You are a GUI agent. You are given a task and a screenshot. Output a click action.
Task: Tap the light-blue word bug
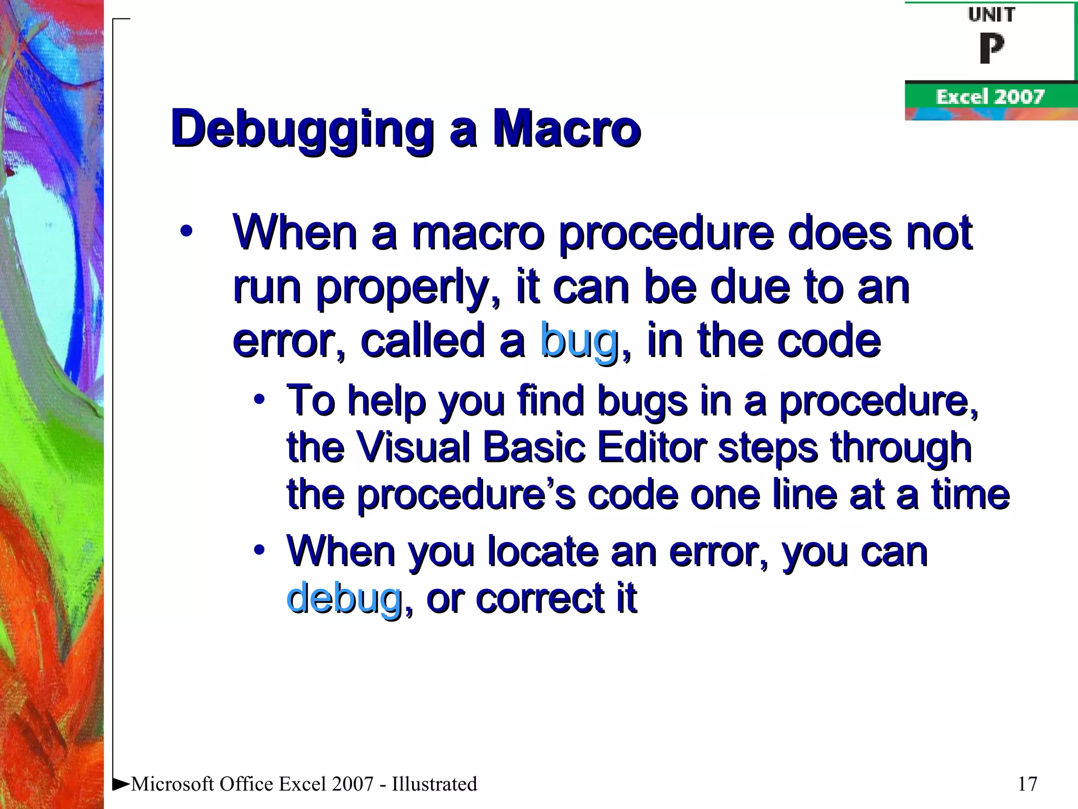(579, 341)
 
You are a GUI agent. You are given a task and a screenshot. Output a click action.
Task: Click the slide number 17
(1027, 784)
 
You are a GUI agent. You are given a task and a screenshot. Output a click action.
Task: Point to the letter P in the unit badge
(991, 48)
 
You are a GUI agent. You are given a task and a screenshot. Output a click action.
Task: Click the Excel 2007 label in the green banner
(990, 97)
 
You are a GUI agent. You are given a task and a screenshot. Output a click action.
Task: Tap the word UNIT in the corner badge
(991, 15)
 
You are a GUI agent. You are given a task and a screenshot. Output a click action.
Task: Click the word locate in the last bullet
(543, 552)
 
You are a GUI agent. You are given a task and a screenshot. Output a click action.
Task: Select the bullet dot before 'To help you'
(258, 399)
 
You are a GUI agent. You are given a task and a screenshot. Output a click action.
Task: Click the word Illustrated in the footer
(434, 784)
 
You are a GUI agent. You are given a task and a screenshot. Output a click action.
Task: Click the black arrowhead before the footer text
(121, 783)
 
